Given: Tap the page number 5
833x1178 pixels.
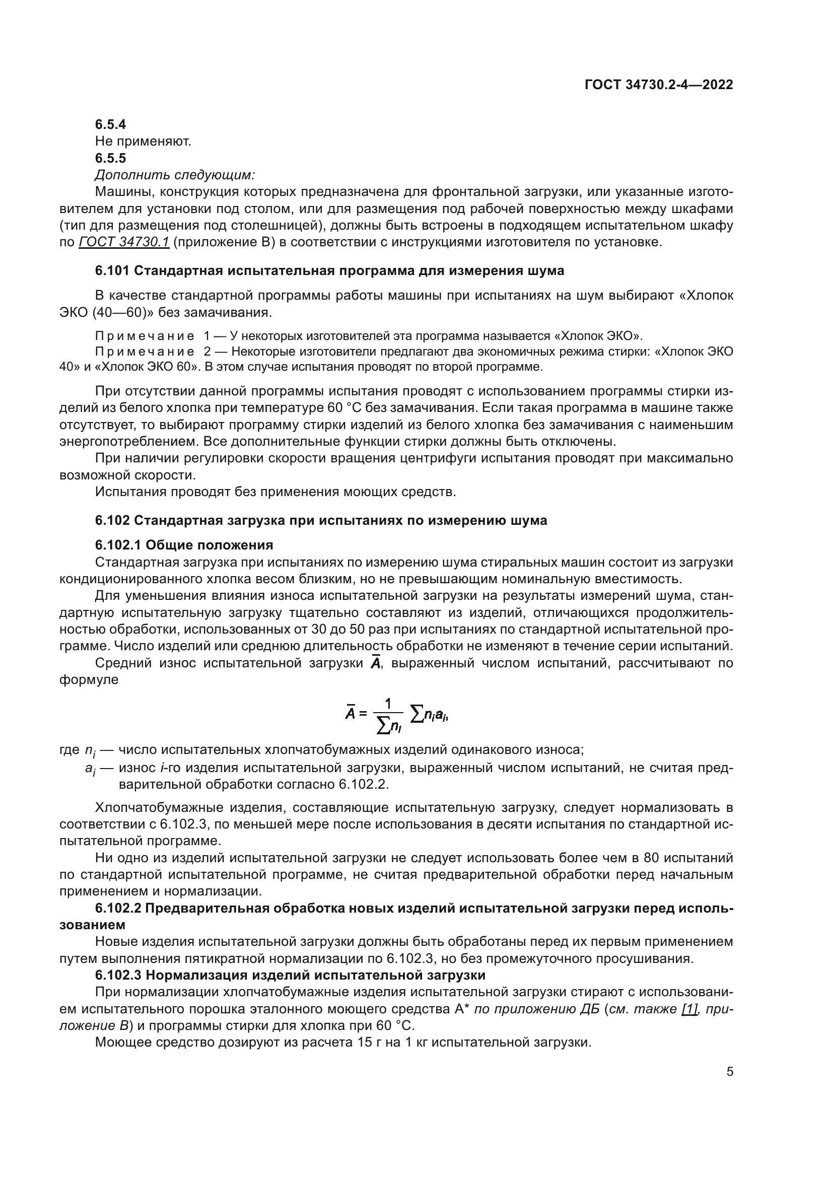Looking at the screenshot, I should pos(730,1072).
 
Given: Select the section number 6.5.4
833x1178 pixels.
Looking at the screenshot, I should pos(110,125).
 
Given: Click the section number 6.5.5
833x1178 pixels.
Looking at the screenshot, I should pos(110,158).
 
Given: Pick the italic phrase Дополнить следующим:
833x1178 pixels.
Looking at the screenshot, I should pos(175,175).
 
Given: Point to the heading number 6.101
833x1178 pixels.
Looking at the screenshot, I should pos(112,271).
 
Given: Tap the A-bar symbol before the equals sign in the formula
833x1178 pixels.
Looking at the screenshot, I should pos(351,713).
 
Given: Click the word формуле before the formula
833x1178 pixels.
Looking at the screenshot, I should pos(89,680).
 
